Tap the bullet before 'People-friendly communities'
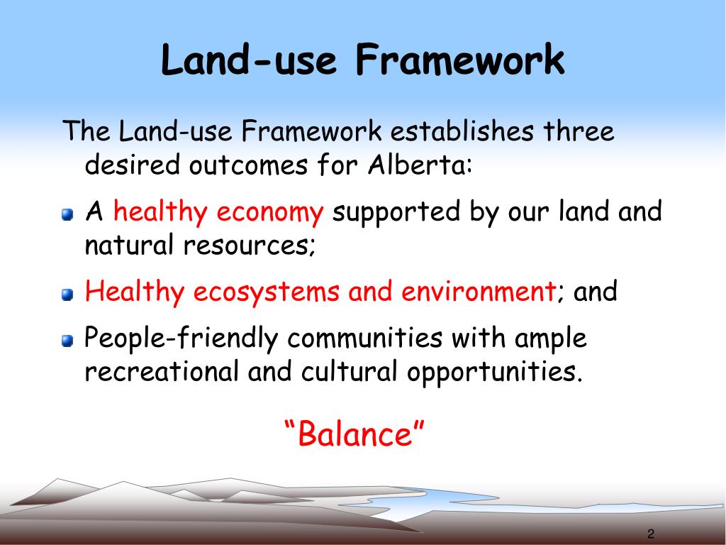click(67, 342)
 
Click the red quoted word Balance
click(354, 434)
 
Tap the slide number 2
click(650, 534)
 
